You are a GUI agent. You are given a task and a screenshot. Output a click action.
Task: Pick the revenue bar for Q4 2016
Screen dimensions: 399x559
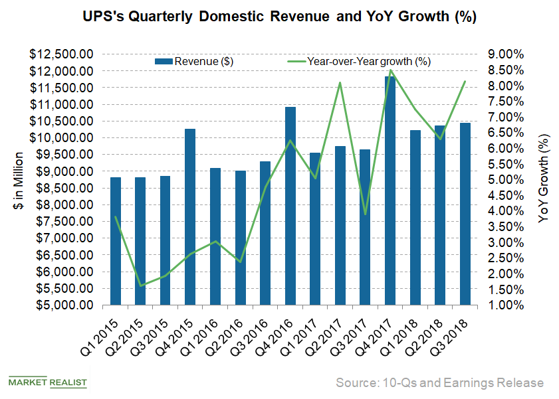(x=290, y=206)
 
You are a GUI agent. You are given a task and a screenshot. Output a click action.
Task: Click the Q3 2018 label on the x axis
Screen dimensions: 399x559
(x=453, y=335)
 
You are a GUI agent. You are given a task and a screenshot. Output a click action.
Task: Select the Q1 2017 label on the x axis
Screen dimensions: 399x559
(x=302, y=335)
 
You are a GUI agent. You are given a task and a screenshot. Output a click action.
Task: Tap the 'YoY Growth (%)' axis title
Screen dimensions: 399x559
(x=544, y=179)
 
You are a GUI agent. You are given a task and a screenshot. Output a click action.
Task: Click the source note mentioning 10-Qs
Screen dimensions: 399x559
(x=439, y=383)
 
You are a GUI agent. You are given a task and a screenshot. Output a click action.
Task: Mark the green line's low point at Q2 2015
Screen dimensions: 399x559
(x=140, y=286)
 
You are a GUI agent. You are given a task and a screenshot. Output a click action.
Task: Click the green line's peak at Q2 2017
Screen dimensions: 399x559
(x=340, y=83)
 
